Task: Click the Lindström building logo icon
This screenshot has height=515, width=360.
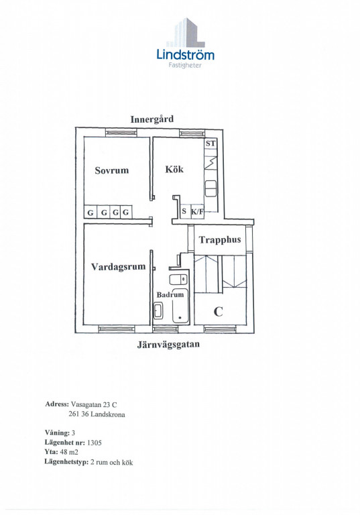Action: point(186,32)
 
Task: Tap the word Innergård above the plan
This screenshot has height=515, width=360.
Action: point(152,119)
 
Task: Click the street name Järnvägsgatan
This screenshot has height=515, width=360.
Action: point(168,345)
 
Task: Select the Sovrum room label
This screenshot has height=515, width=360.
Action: point(112,170)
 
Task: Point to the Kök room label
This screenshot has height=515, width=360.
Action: point(174,169)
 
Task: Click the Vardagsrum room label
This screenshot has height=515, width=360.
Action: point(118,266)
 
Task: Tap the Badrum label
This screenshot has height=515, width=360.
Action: point(170,294)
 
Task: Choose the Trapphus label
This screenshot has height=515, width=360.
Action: point(220,240)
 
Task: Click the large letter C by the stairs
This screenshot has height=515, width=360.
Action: point(218,311)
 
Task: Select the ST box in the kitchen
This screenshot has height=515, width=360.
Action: point(211,144)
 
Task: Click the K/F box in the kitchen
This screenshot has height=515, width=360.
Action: point(197,211)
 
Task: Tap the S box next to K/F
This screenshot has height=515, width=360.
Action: point(184,211)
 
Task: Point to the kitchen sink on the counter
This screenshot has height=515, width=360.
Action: point(211,188)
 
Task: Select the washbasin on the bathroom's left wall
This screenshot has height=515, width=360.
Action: point(158,311)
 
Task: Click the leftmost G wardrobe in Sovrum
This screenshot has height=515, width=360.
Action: point(90,212)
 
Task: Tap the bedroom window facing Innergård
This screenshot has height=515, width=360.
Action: point(121,133)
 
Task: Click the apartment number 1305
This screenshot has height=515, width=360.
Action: point(95,443)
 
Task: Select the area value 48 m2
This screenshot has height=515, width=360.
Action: point(69,452)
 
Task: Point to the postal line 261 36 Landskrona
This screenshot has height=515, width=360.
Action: point(97,414)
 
